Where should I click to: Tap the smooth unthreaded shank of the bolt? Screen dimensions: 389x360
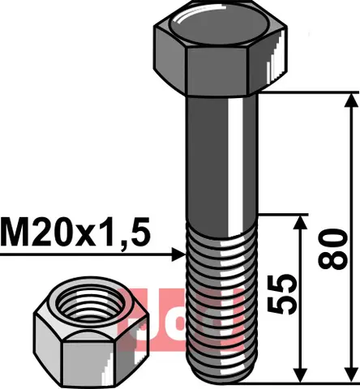click(223, 162)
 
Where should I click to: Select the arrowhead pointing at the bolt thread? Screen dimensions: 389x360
click(180, 254)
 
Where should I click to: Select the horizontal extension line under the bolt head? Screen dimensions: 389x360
click(308, 92)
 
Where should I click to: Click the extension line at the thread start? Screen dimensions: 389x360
click(284, 216)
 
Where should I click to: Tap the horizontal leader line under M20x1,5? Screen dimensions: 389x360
click(81, 254)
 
